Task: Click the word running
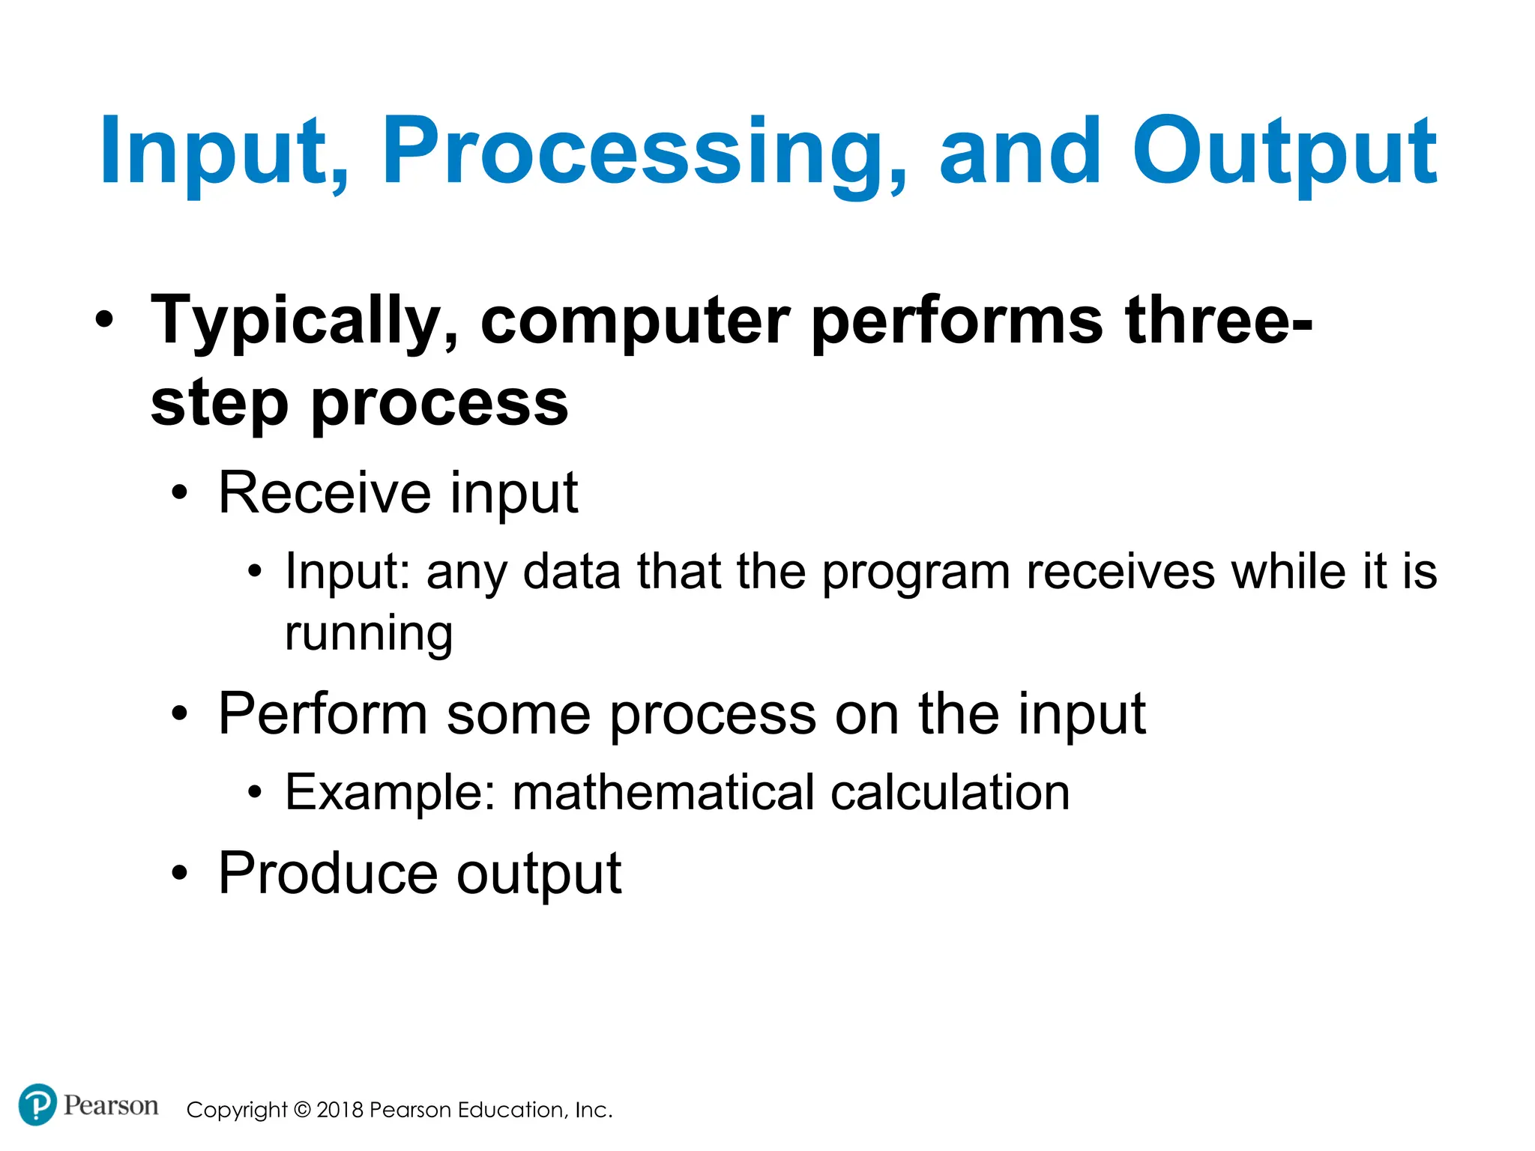(x=369, y=634)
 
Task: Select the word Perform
(x=322, y=714)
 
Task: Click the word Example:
(x=390, y=793)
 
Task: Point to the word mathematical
(x=663, y=793)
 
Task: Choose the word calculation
(x=950, y=793)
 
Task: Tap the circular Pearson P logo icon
(x=37, y=1105)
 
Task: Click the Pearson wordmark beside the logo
(x=110, y=1105)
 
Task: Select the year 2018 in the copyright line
(x=340, y=1110)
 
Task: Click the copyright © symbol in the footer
(x=301, y=1110)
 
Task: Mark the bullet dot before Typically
(x=105, y=321)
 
